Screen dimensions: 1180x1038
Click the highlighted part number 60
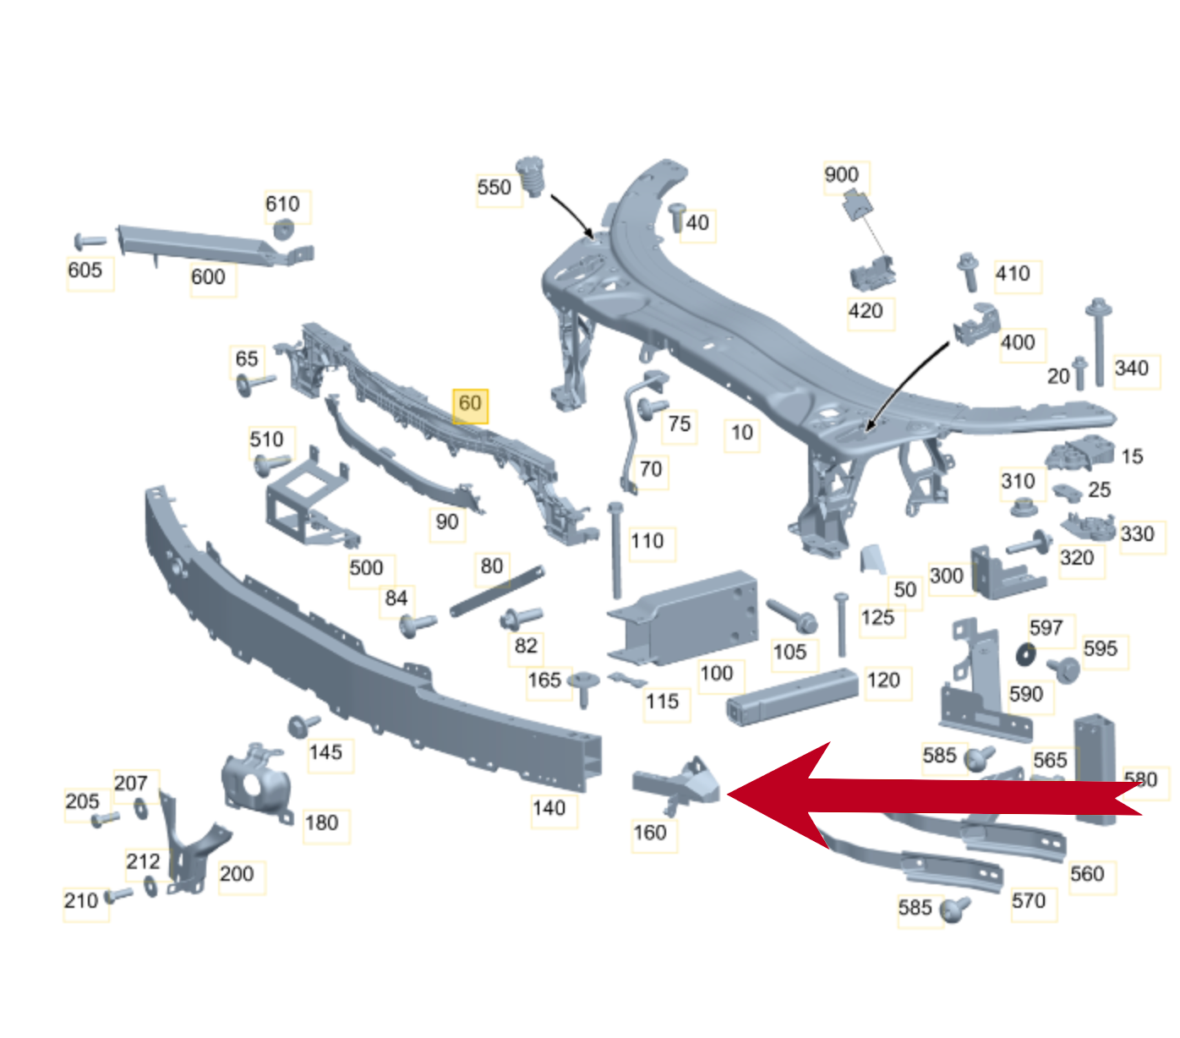(x=470, y=402)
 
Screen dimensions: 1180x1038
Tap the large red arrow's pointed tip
(x=728, y=794)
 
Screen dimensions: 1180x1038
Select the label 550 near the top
(x=494, y=188)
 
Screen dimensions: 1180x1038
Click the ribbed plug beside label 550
(x=530, y=175)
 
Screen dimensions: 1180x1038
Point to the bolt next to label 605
(x=90, y=241)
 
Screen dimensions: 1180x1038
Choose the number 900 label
(x=841, y=174)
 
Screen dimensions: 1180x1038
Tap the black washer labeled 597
(x=1025, y=654)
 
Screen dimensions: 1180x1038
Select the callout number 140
(x=549, y=807)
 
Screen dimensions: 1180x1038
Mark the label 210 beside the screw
(x=81, y=900)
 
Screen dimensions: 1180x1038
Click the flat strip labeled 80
(x=497, y=591)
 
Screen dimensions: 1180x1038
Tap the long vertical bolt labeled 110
(x=615, y=550)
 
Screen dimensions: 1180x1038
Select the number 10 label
(x=741, y=432)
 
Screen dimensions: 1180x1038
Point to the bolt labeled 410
(x=967, y=271)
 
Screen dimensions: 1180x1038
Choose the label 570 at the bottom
(x=1029, y=900)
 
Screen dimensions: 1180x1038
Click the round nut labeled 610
(x=284, y=229)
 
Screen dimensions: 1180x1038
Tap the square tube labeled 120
(x=792, y=697)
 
